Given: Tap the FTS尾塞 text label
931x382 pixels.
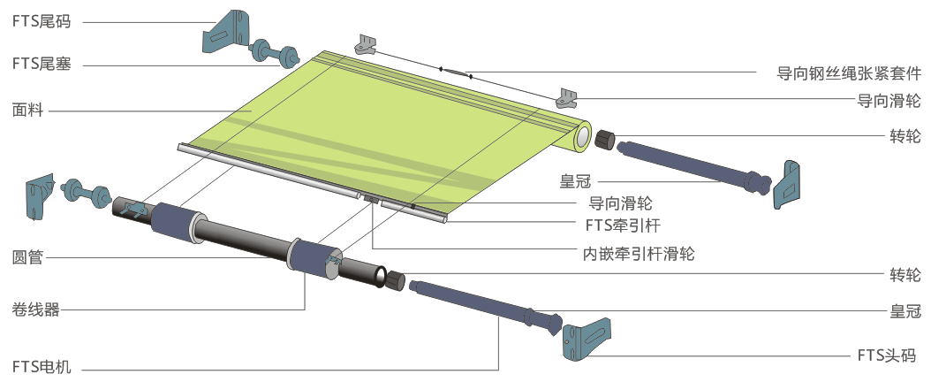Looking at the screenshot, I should (41, 65).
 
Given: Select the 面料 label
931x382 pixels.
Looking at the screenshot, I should (27, 111).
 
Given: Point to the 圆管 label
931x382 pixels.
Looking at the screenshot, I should (27, 258).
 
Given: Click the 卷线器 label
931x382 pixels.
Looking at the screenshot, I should (34, 309).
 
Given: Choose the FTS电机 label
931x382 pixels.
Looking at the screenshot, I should (41, 366).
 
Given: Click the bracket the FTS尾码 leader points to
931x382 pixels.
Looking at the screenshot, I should (226, 31).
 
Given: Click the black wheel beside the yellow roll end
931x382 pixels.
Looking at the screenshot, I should (606, 139).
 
